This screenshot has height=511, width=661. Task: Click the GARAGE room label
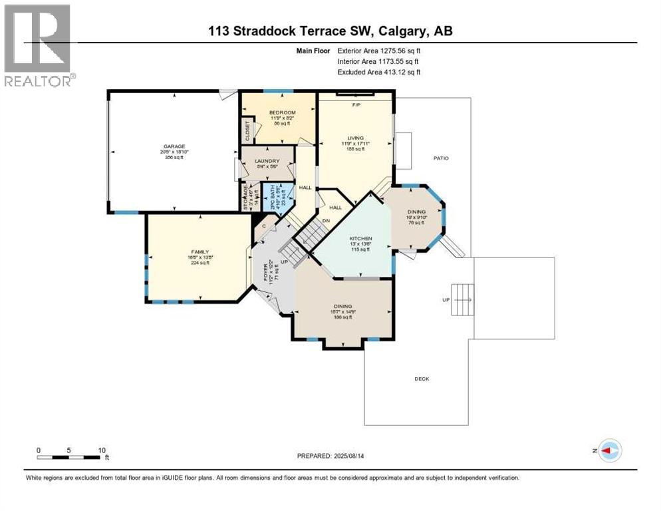pos(175,146)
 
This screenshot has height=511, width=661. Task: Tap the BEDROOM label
pos(281,112)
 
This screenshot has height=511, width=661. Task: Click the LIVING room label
pos(355,138)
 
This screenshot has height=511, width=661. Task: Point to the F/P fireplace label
pos(355,104)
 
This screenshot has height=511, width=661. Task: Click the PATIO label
pos(440,158)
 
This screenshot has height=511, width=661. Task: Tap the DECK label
pos(422,379)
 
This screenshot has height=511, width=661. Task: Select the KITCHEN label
pos(361,238)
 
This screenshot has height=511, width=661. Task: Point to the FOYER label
pos(265,272)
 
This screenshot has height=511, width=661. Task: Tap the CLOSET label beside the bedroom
pos(247,130)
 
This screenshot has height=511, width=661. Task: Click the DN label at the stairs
pos(326,221)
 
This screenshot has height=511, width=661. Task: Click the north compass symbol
pos(609,450)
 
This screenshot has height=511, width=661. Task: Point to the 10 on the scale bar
pos(102,450)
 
